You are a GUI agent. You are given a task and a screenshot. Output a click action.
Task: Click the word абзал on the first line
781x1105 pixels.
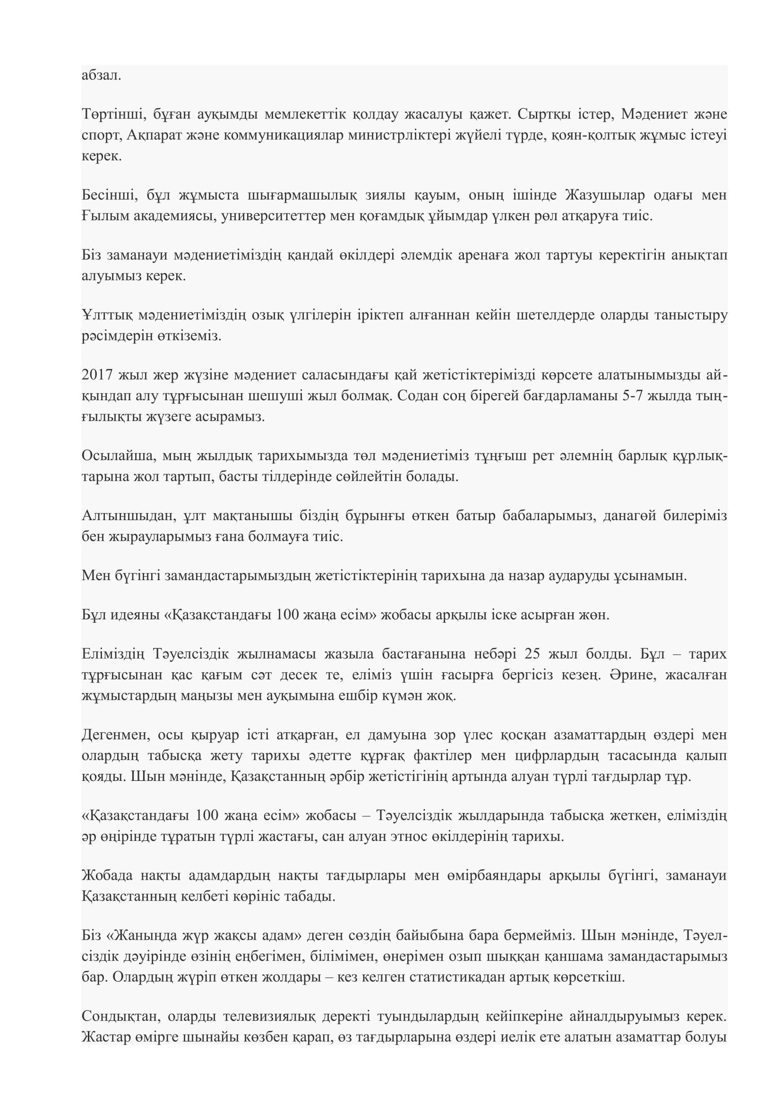tap(101, 76)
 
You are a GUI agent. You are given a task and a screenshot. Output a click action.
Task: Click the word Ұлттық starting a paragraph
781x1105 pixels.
tap(106, 315)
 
